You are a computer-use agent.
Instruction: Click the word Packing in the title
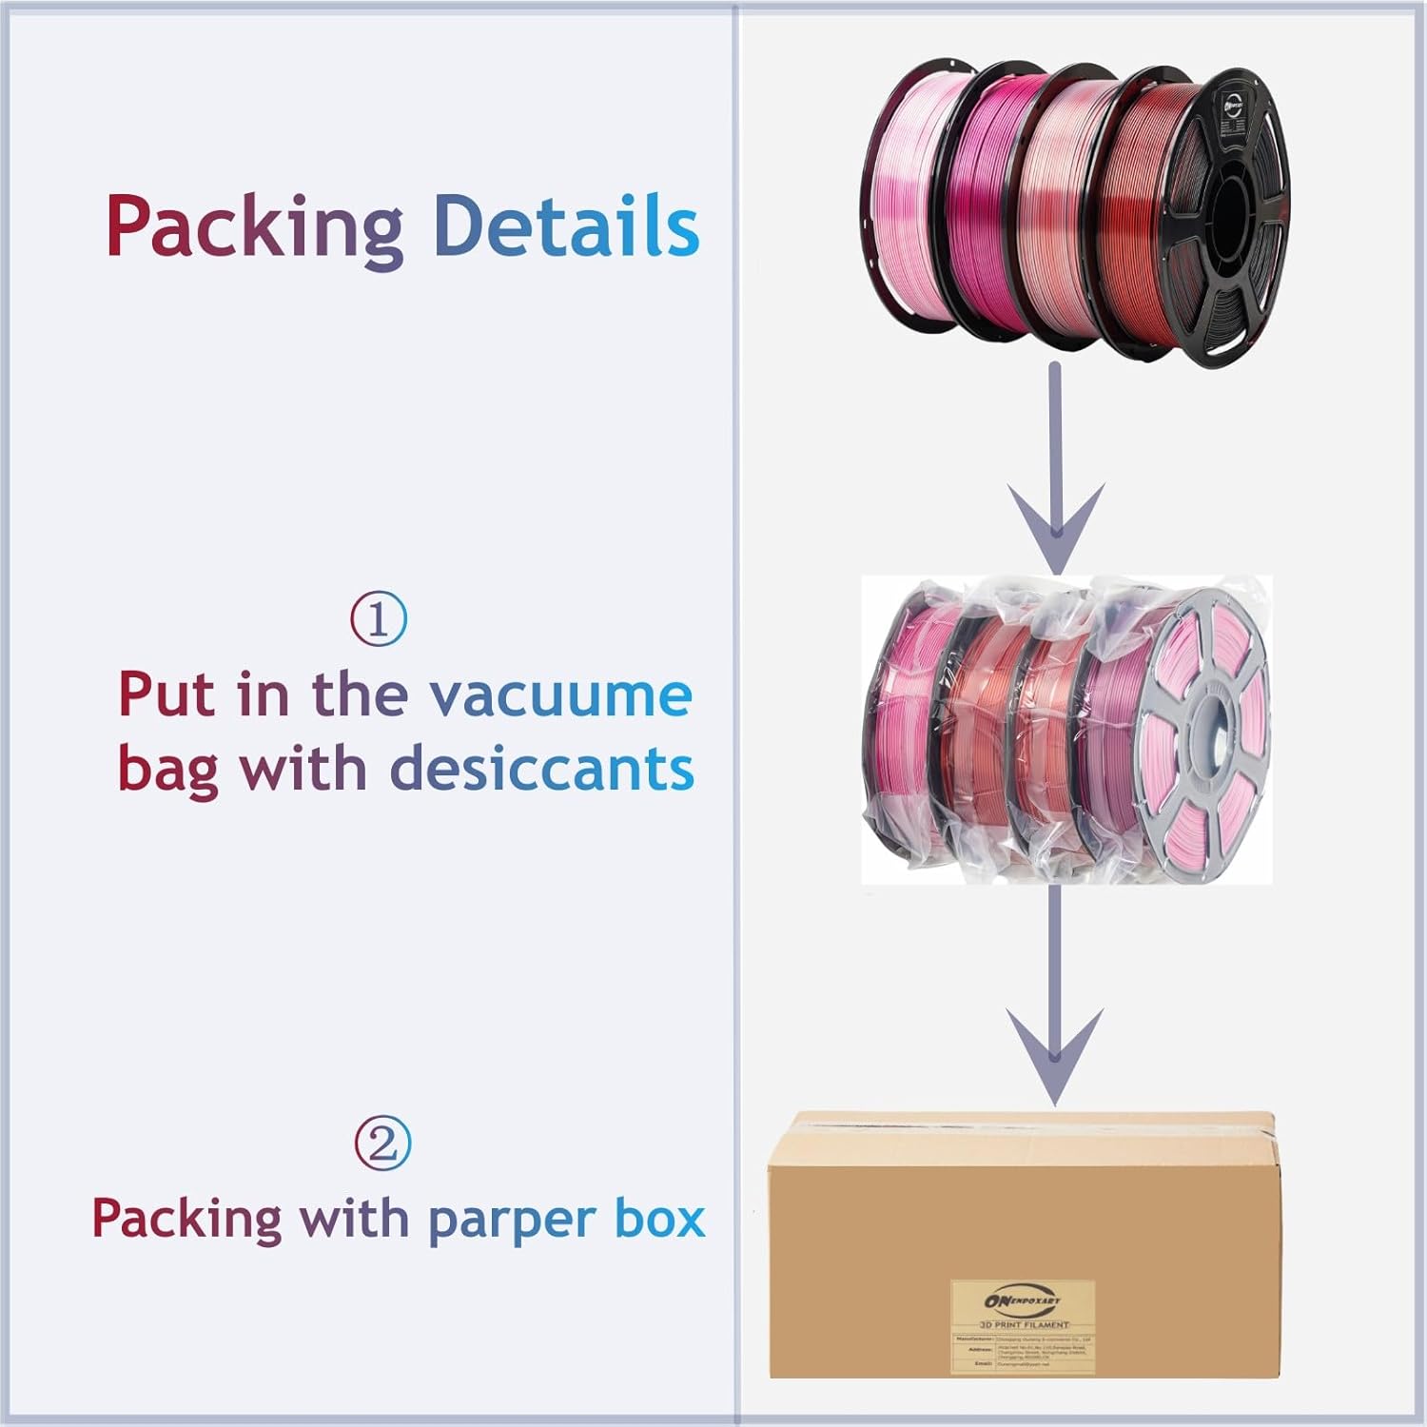pyautogui.click(x=253, y=226)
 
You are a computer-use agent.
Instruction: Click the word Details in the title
pyautogui.click(x=566, y=226)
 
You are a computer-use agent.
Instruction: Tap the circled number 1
pyautogui.click(x=379, y=619)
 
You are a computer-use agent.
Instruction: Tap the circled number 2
pyautogui.click(x=382, y=1144)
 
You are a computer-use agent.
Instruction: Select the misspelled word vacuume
pyautogui.click(x=560, y=695)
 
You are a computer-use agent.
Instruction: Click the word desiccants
pyautogui.click(x=542, y=769)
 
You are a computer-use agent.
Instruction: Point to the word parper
pyautogui.click(x=512, y=1220)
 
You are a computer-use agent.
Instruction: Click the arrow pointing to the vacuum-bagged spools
pyautogui.click(x=1056, y=476)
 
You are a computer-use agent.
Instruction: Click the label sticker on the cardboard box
pyautogui.click(x=1023, y=1326)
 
